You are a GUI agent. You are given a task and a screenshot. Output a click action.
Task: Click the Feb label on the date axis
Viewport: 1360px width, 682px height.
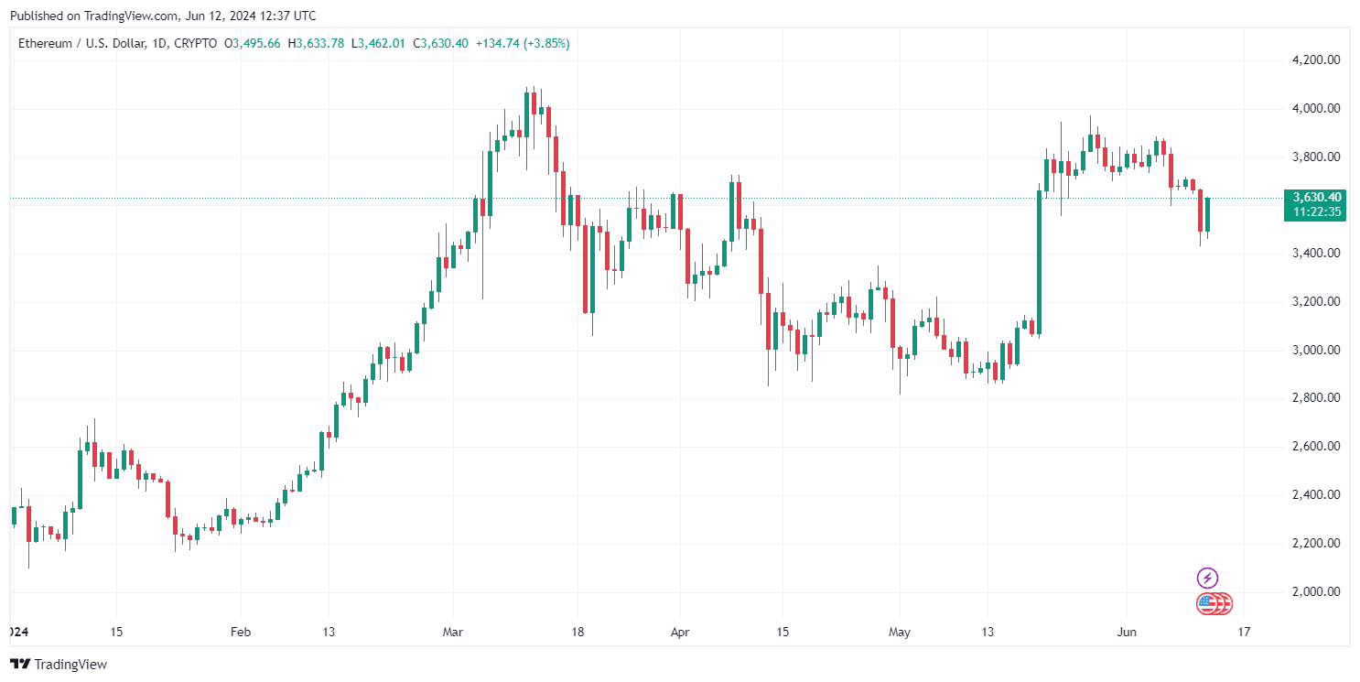[x=240, y=632]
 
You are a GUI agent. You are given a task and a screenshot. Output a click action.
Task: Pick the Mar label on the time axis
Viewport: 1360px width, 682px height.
[x=453, y=632]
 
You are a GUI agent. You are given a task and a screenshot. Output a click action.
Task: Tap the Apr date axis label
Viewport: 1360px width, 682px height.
[x=678, y=632]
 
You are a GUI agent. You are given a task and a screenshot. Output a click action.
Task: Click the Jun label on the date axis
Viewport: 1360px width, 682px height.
[x=1127, y=632]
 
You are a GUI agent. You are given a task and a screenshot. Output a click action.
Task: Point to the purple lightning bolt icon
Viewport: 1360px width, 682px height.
[x=1207, y=578]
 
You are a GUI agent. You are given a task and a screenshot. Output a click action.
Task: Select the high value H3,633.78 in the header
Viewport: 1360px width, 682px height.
[x=316, y=43]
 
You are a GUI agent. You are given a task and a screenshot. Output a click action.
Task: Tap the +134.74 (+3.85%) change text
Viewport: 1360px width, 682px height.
[x=522, y=43]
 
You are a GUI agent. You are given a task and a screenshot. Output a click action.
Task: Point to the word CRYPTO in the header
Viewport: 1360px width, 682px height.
[x=196, y=43]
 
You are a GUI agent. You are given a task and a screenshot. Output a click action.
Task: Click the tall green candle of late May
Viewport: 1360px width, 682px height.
[x=1039, y=262]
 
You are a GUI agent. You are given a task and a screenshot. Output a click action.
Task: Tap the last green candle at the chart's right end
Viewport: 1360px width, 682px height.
[x=1208, y=214]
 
